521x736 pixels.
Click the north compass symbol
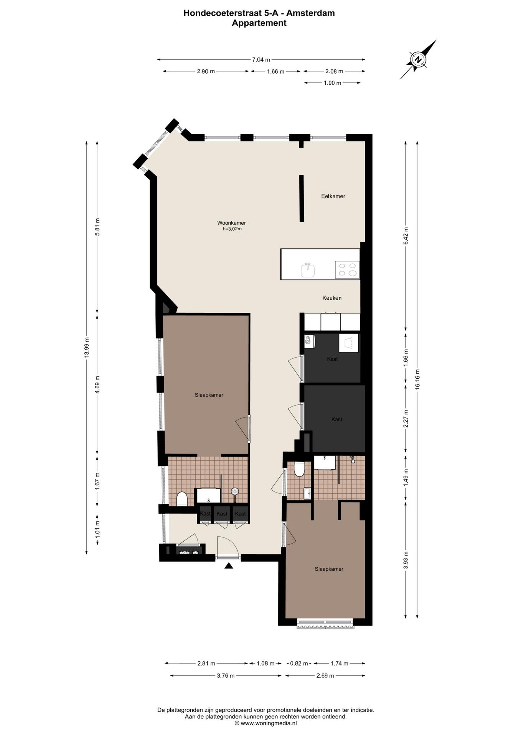click(x=419, y=60)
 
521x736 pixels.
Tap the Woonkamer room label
click(x=231, y=223)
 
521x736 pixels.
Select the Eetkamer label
click(x=333, y=196)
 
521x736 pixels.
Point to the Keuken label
click(x=332, y=298)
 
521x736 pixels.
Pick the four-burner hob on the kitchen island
click(x=347, y=269)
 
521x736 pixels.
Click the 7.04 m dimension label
click(x=261, y=59)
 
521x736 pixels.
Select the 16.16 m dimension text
click(x=417, y=379)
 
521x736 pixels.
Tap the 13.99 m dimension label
click(x=86, y=347)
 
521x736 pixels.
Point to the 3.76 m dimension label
click(x=226, y=686)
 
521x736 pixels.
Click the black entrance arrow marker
click(x=229, y=565)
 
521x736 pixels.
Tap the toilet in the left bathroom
click(x=182, y=499)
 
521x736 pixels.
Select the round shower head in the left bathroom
click(x=235, y=491)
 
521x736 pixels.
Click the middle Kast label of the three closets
click(x=222, y=514)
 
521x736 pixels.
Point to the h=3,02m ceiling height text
click(x=232, y=229)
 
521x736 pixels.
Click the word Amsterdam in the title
click(x=311, y=13)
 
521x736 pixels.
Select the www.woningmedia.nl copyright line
click(x=265, y=723)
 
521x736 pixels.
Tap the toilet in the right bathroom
click(x=299, y=469)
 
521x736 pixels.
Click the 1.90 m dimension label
click(x=332, y=83)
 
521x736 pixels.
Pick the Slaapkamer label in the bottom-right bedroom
click(x=329, y=569)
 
